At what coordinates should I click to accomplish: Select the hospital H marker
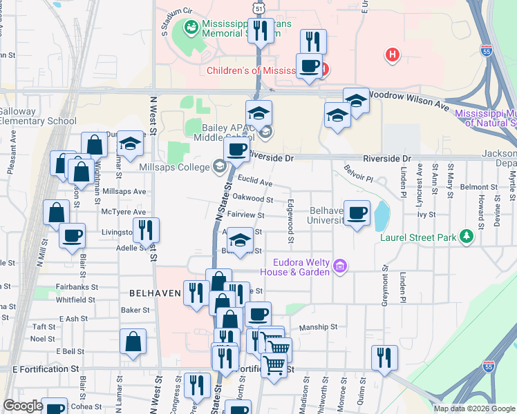(x=393, y=55)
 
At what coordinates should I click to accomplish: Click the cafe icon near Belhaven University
(x=357, y=214)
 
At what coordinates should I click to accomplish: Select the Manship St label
(x=318, y=327)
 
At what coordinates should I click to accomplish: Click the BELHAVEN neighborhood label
(x=156, y=293)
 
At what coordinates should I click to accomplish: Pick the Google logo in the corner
(x=23, y=406)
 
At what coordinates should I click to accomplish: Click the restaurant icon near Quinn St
(x=384, y=357)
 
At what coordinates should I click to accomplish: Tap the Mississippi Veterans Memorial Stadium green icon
(x=191, y=28)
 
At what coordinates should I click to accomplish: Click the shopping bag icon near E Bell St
(x=133, y=342)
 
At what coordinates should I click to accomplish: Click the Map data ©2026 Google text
(x=473, y=408)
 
